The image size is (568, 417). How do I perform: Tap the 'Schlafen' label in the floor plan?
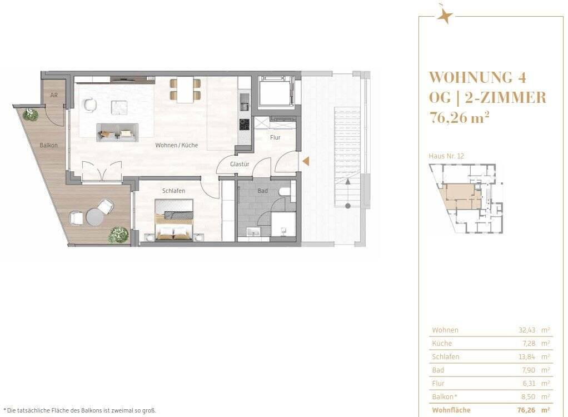click(x=173, y=191)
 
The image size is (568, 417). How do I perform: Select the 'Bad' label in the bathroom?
click(x=262, y=191)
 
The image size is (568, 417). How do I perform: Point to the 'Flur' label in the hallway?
click(x=275, y=137)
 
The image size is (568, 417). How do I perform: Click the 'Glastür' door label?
click(x=239, y=164)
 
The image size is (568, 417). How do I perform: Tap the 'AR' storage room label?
click(x=54, y=96)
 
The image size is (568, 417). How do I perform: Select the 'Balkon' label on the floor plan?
click(x=48, y=145)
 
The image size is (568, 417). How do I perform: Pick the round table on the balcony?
click(x=94, y=217)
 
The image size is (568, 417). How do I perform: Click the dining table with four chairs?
click(x=185, y=90)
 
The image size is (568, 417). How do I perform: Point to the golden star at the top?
click(x=444, y=15)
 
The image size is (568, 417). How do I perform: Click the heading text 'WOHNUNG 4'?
click(x=477, y=77)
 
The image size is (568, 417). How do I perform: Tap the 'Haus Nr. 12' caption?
click(x=446, y=156)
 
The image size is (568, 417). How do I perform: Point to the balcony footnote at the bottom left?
click(x=80, y=410)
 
